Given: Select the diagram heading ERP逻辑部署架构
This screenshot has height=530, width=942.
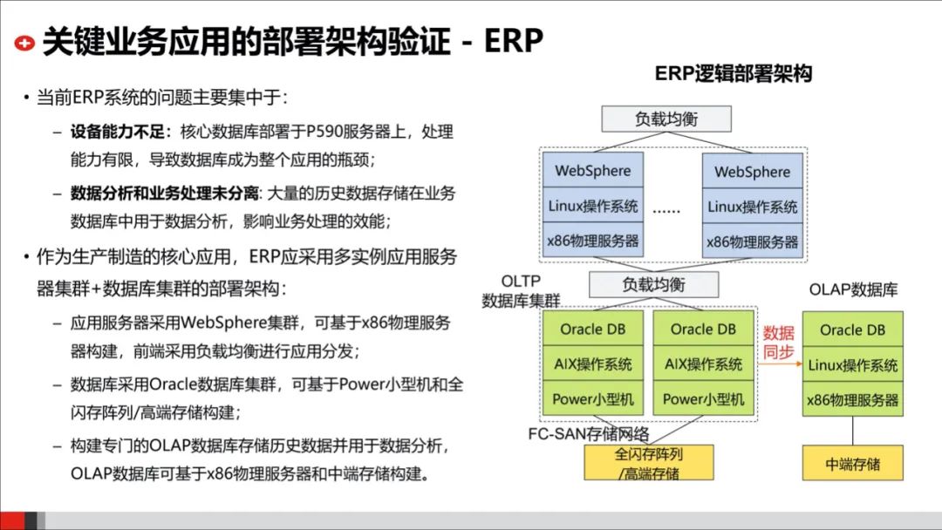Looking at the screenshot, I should tap(734, 74).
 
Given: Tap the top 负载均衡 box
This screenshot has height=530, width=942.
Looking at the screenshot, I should tap(666, 118).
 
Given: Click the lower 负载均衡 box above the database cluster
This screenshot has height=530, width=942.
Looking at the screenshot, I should tap(653, 284).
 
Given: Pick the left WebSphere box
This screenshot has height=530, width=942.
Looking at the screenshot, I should tap(593, 171).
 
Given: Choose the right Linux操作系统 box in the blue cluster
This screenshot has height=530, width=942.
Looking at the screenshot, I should tap(752, 207).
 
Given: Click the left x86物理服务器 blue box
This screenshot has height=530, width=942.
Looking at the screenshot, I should tap(593, 241).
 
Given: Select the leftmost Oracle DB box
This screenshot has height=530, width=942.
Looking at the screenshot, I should tap(593, 329).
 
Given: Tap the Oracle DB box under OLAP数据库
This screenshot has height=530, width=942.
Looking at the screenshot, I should tap(852, 330).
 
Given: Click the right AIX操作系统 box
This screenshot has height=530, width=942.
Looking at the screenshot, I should tap(703, 364).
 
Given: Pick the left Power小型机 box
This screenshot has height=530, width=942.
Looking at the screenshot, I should tap(593, 399).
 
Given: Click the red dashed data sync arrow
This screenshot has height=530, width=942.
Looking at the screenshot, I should tap(778, 366).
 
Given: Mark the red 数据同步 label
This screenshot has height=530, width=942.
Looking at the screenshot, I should tap(779, 342).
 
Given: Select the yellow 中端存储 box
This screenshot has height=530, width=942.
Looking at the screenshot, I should tap(852, 463).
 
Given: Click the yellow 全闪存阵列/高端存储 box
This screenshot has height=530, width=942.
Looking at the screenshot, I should tap(648, 463).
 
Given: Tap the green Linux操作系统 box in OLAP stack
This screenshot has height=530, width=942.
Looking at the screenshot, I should tap(852, 364).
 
